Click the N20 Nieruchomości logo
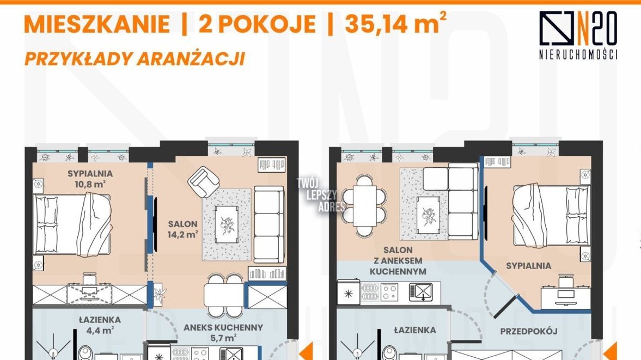(578, 35)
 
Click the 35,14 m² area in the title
(396, 23)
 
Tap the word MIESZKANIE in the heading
(97, 24)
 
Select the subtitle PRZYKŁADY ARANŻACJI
(135, 58)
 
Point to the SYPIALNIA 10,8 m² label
(90, 179)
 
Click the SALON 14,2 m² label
(183, 229)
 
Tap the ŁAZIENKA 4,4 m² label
(100, 325)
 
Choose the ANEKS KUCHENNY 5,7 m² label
(223, 333)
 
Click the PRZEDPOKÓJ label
(529, 331)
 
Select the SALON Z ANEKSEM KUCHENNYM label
(398, 261)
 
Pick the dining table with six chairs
(364, 205)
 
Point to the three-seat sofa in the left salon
(269, 224)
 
